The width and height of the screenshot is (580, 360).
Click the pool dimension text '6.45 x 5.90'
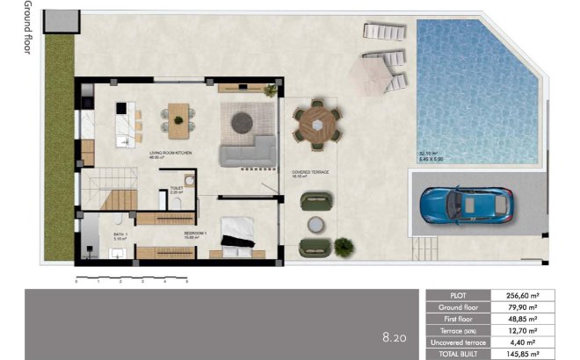click(434, 158)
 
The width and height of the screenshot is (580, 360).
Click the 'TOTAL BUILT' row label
click(457, 353)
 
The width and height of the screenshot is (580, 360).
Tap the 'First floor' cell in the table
click(457, 319)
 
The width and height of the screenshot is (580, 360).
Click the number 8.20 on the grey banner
click(394, 336)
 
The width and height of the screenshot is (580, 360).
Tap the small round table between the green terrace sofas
click(313, 224)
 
